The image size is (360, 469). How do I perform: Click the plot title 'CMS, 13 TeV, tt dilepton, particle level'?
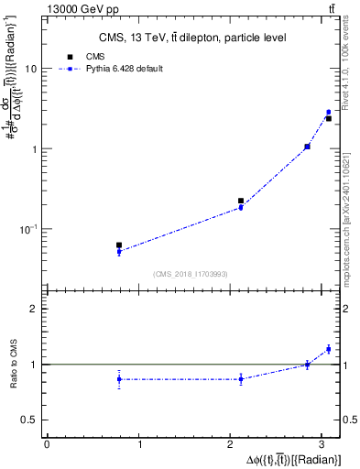[192, 38]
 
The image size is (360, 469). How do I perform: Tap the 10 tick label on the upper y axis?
[31, 69]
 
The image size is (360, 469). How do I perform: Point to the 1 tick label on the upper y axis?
[34, 148]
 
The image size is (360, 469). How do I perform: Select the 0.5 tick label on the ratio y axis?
[29, 420]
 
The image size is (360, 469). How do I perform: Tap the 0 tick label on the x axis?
[47, 445]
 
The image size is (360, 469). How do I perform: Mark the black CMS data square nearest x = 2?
[241, 201]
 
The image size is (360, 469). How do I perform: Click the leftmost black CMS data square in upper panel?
[119, 245]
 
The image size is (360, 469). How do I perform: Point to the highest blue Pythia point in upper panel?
[328, 112]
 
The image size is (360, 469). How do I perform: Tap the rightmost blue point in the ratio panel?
[328, 349]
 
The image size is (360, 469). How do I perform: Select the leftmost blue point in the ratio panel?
[119, 379]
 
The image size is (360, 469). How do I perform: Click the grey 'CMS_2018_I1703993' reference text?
[191, 274]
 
